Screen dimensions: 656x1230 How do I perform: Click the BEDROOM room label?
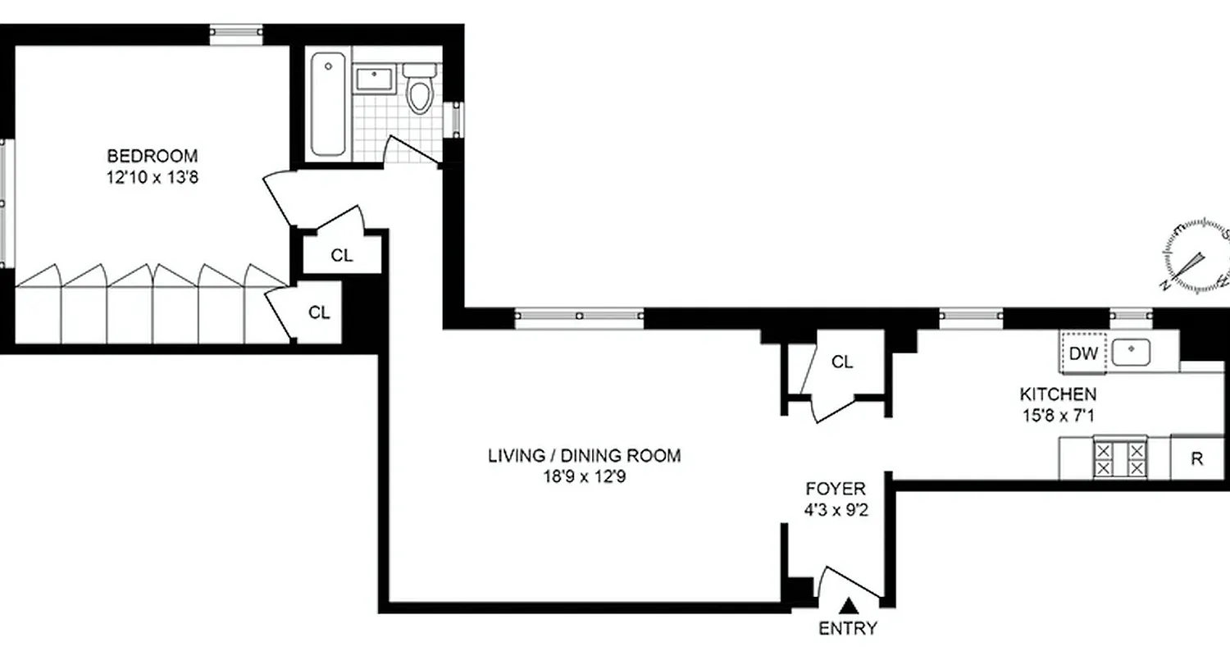[153, 155]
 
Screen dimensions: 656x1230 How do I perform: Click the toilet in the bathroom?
[421, 89]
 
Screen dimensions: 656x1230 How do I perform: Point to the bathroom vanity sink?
[376, 80]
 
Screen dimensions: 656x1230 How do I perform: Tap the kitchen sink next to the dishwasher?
[1132, 352]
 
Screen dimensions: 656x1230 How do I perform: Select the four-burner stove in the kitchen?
[1116, 458]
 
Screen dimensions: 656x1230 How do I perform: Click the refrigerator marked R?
[1196, 458]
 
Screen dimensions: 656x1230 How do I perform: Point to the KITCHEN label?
[1057, 394]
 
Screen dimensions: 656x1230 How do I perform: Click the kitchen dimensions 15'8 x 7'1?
[1057, 416]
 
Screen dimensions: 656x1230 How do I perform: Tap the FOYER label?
[836, 490]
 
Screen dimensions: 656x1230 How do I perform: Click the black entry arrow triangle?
[850, 606]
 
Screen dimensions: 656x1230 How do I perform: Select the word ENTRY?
[848, 629]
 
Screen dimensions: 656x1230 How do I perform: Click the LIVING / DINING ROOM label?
[584, 456]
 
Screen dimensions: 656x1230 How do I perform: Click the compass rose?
[1198, 255]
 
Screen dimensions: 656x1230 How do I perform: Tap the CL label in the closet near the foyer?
[842, 362]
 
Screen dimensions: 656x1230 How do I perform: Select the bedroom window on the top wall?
[236, 34]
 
